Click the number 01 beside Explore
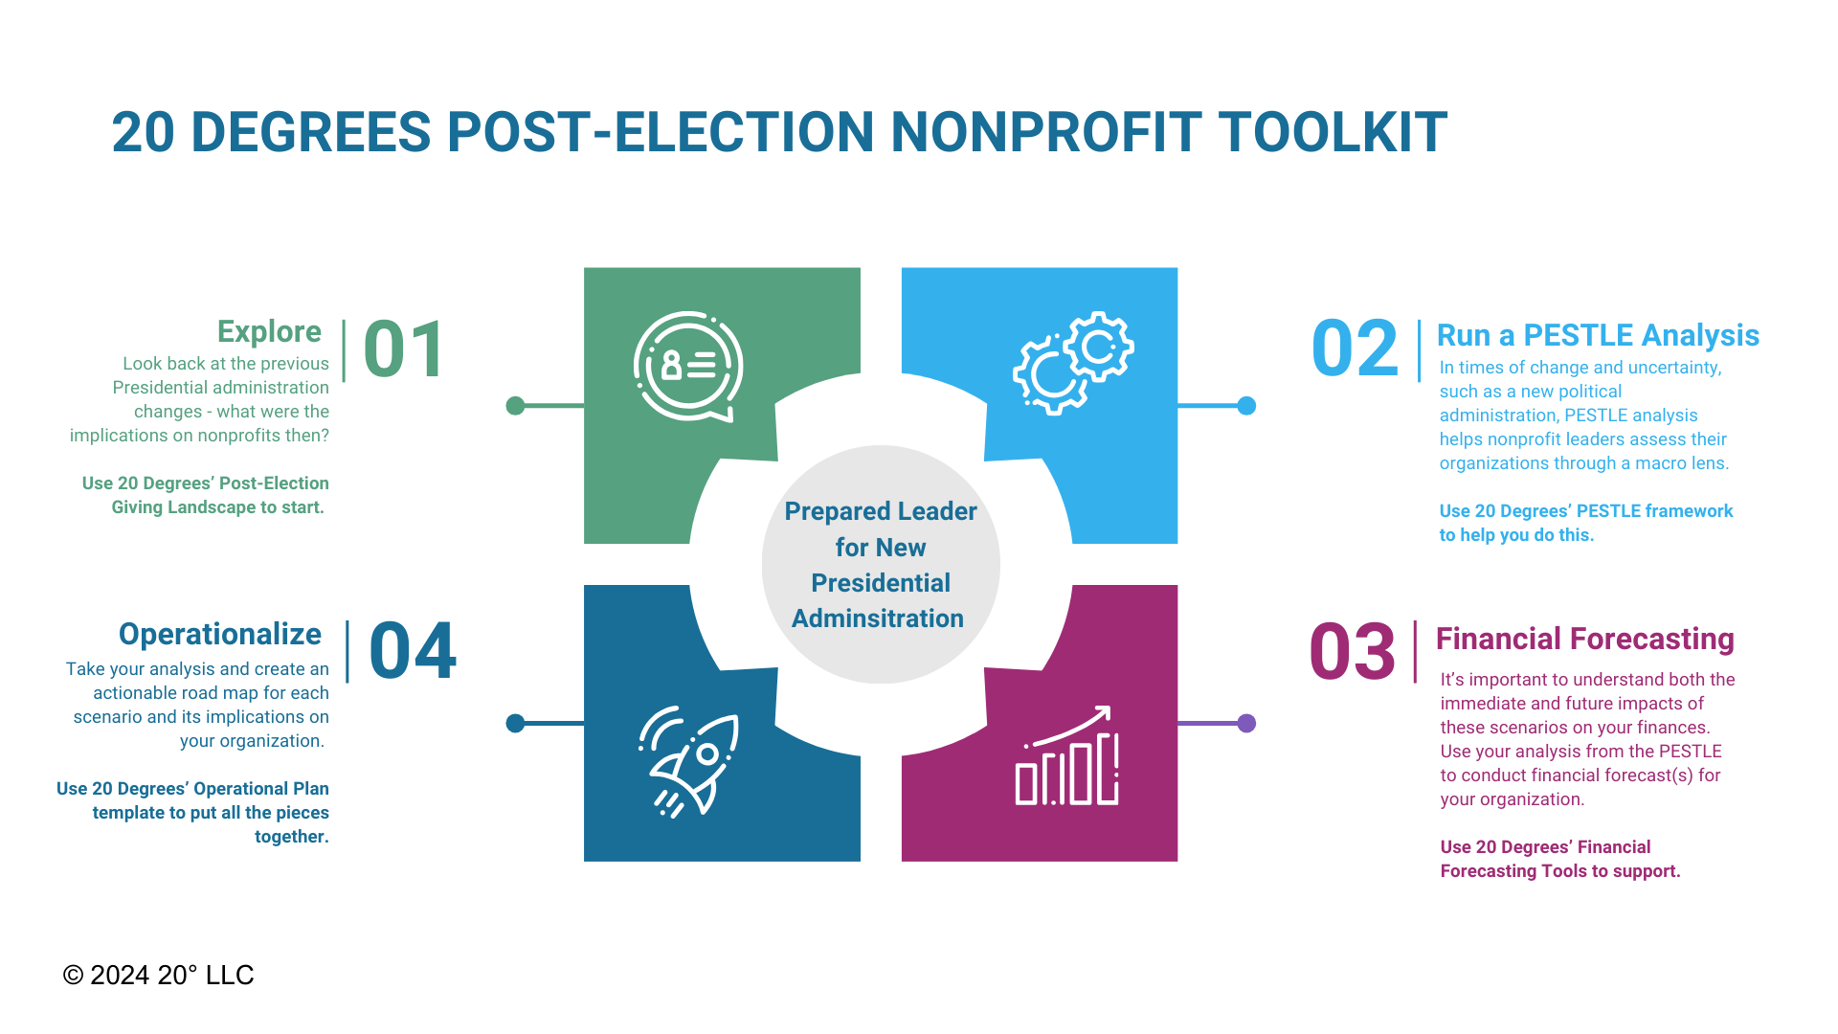click(404, 349)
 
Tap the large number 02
click(1355, 348)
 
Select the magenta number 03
click(1352, 652)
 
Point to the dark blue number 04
click(413, 651)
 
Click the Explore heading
click(269, 331)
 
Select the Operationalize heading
click(220, 634)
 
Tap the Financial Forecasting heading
click(1585, 639)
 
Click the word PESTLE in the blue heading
click(1579, 335)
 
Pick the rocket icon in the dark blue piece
click(689, 762)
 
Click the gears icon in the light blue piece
click(1073, 363)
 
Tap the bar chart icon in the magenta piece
click(1067, 755)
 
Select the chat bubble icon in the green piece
click(688, 367)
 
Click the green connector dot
click(515, 406)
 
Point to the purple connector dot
click(1246, 723)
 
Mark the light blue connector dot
click(1246, 406)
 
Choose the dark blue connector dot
click(515, 723)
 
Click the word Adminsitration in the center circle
click(878, 618)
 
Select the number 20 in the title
click(144, 132)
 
